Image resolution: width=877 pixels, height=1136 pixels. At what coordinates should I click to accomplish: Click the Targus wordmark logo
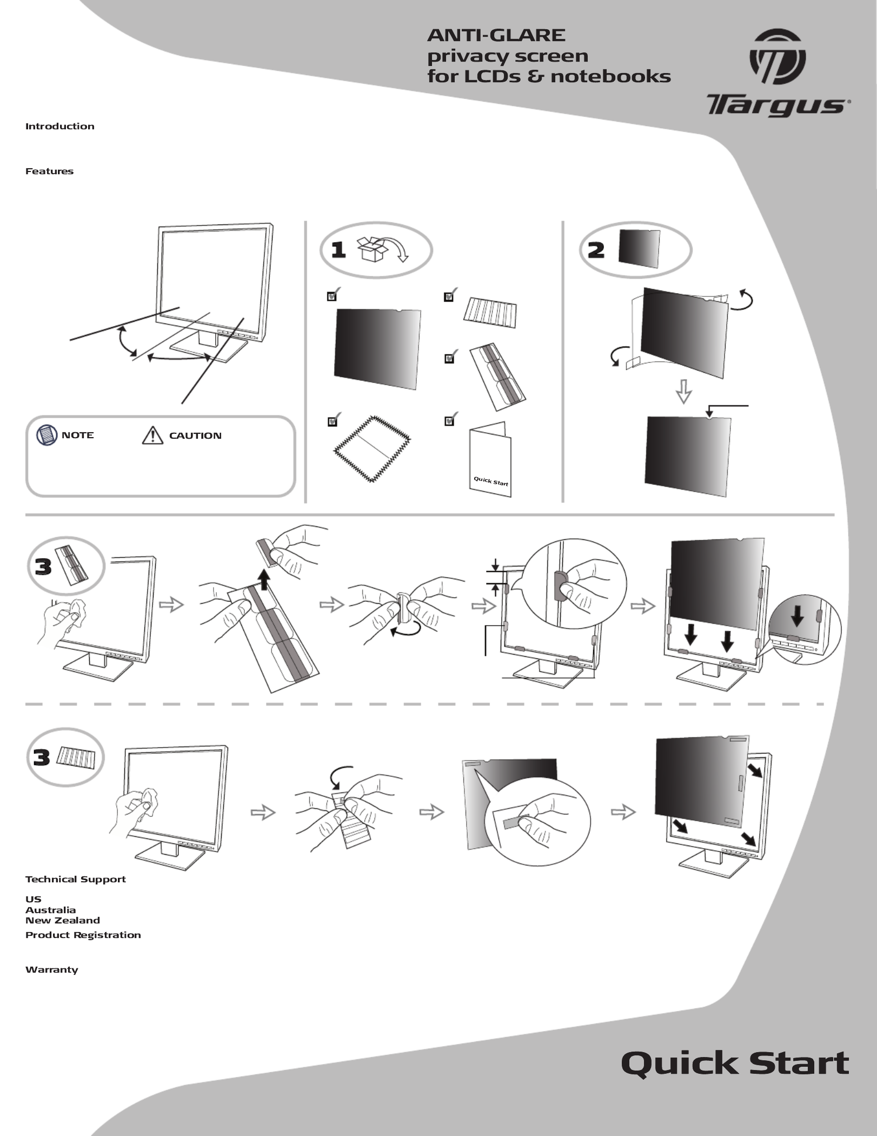[x=776, y=105]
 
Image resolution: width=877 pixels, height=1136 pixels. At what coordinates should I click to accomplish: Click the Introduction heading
[x=59, y=127]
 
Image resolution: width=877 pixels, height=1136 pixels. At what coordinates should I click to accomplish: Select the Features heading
[x=49, y=171]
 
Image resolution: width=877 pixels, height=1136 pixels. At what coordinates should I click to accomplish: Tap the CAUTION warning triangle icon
[x=152, y=435]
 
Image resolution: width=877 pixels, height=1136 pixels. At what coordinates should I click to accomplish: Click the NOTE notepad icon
[x=47, y=435]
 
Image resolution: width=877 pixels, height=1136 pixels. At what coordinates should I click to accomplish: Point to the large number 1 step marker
[x=338, y=250]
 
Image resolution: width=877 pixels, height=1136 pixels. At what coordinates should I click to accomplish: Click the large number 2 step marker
[x=596, y=250]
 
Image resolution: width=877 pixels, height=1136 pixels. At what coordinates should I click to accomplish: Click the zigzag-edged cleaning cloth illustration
[x=372, y=449]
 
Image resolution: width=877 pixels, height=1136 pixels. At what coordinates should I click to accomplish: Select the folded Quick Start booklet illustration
[x=490, y=460]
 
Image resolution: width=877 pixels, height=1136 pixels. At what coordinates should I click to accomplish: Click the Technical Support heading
[x=75, y=880]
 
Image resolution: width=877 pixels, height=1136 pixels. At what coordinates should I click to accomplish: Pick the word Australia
[x=50, y=910]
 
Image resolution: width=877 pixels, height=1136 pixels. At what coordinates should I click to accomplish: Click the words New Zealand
[x=62, y=920]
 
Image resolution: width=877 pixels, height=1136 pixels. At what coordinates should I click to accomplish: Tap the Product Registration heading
[x=83, y=935]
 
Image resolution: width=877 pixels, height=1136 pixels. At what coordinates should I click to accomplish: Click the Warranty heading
[x=51, y=969]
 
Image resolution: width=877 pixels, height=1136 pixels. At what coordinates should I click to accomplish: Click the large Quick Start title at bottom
[x=735, y=1063]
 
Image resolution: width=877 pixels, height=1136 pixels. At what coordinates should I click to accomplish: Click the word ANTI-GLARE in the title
[x=496, y=36]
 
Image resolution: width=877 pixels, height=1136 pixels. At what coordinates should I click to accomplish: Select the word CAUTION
[x=195, y=435]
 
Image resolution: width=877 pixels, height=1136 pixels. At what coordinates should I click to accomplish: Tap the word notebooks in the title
[x=610, y=76]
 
